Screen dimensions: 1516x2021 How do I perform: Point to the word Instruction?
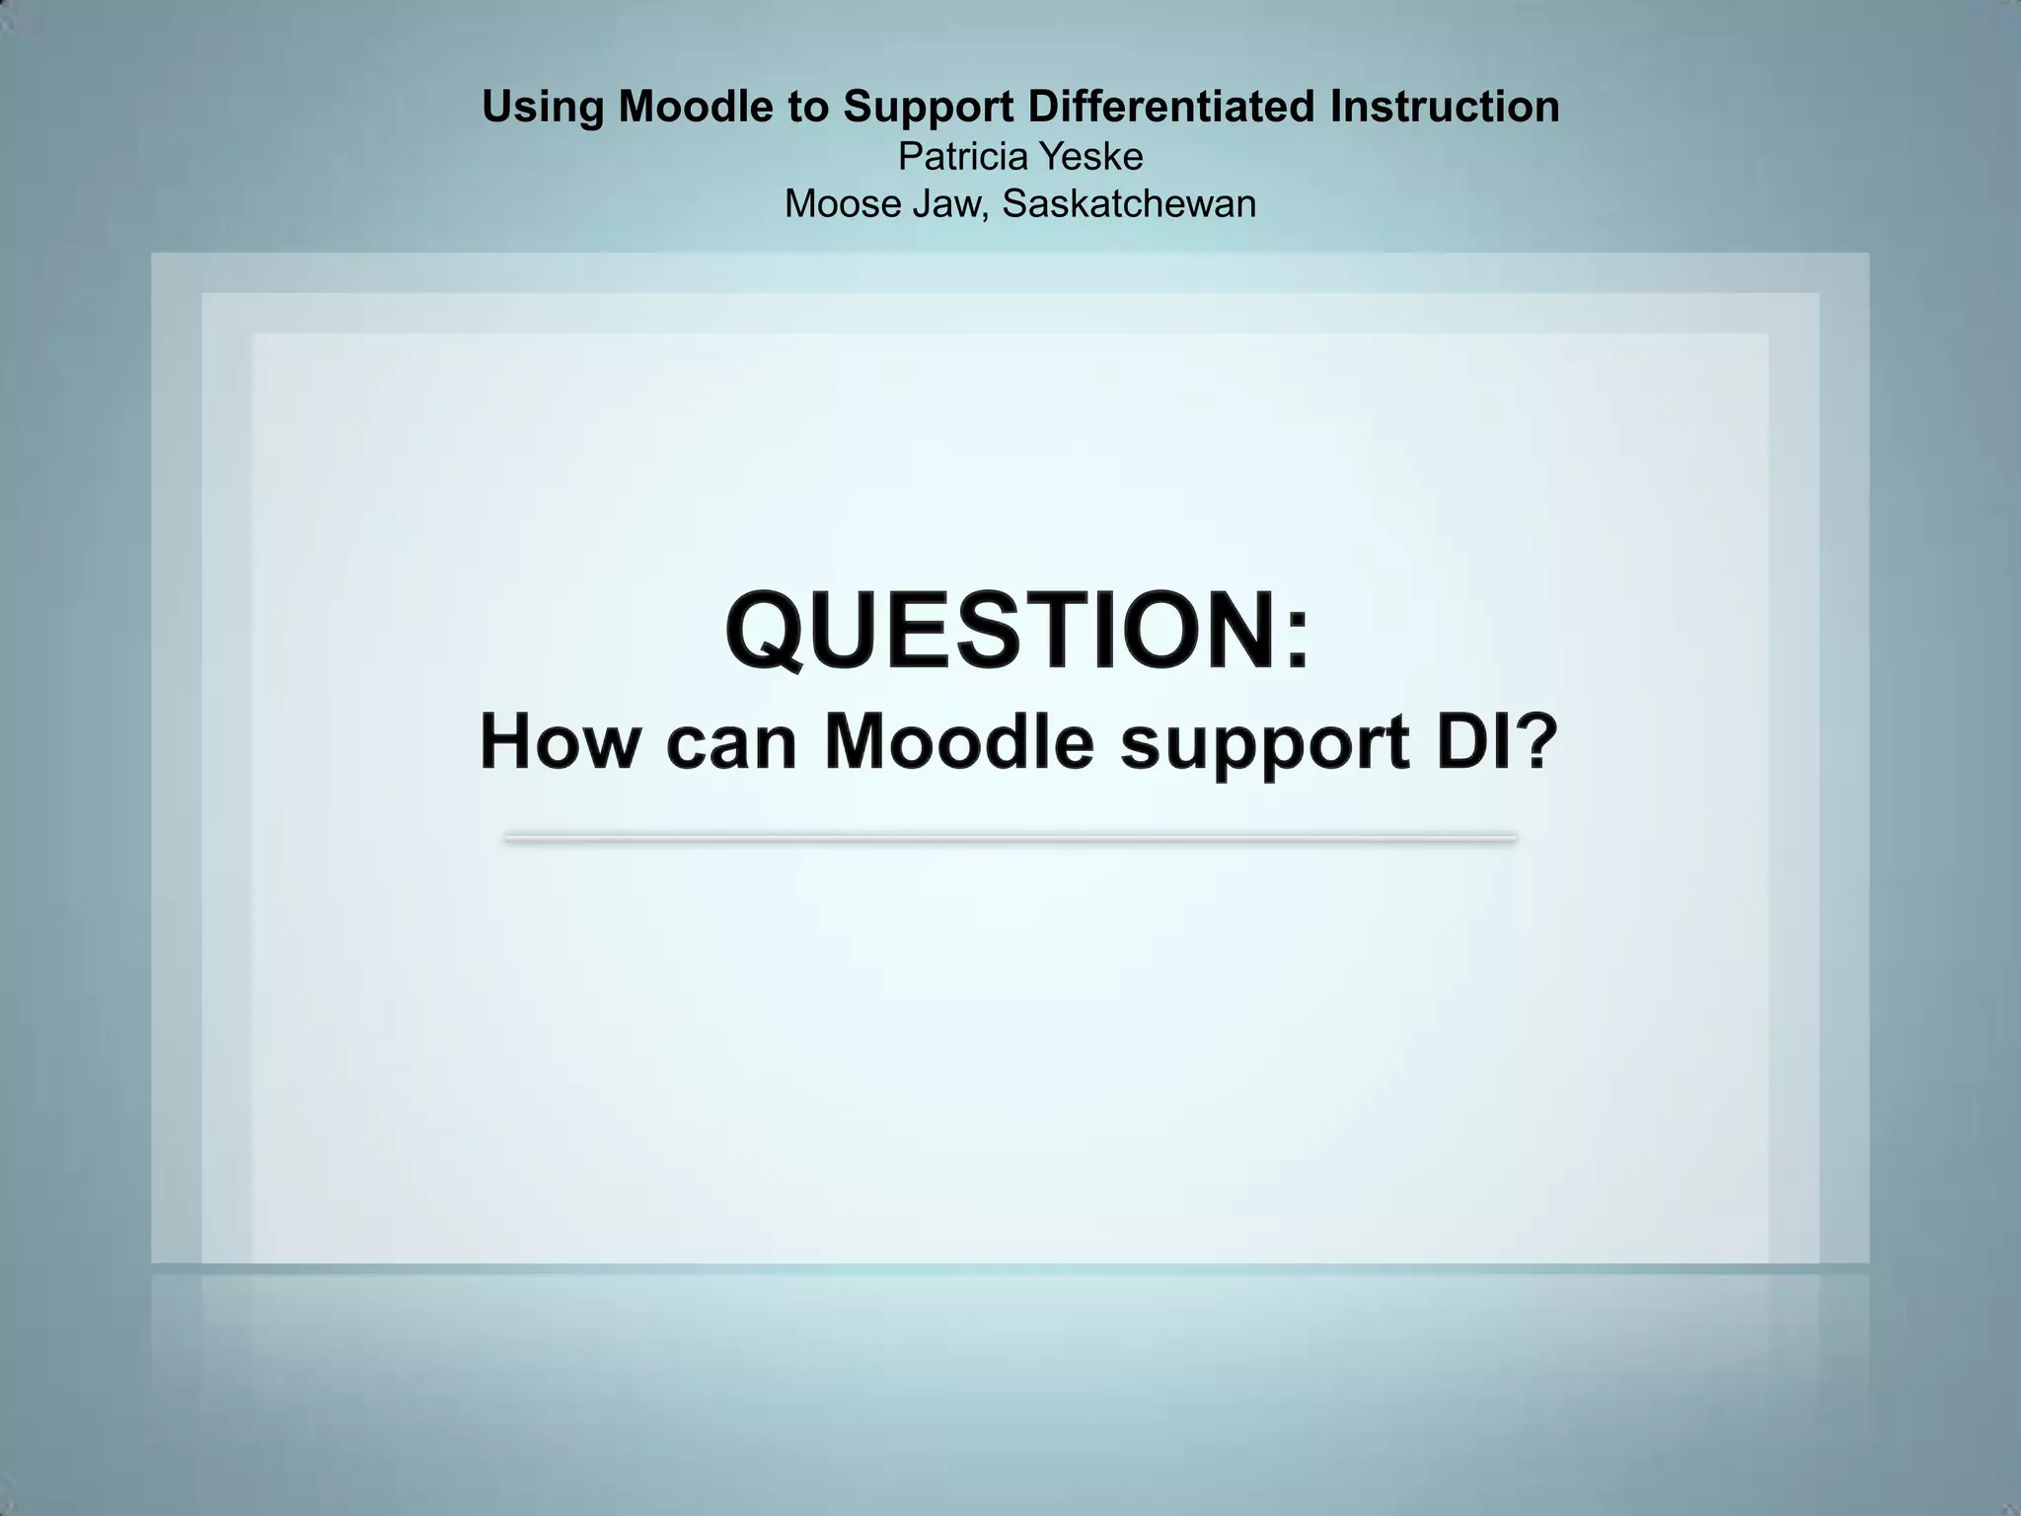pos(1445,107)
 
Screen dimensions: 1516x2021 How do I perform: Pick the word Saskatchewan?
pos(1129,204)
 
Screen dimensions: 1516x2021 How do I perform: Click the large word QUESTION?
pos(1002,630)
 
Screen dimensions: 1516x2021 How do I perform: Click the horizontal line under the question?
pos(1010,839)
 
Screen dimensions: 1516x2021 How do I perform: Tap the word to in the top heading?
pos(808,108)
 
